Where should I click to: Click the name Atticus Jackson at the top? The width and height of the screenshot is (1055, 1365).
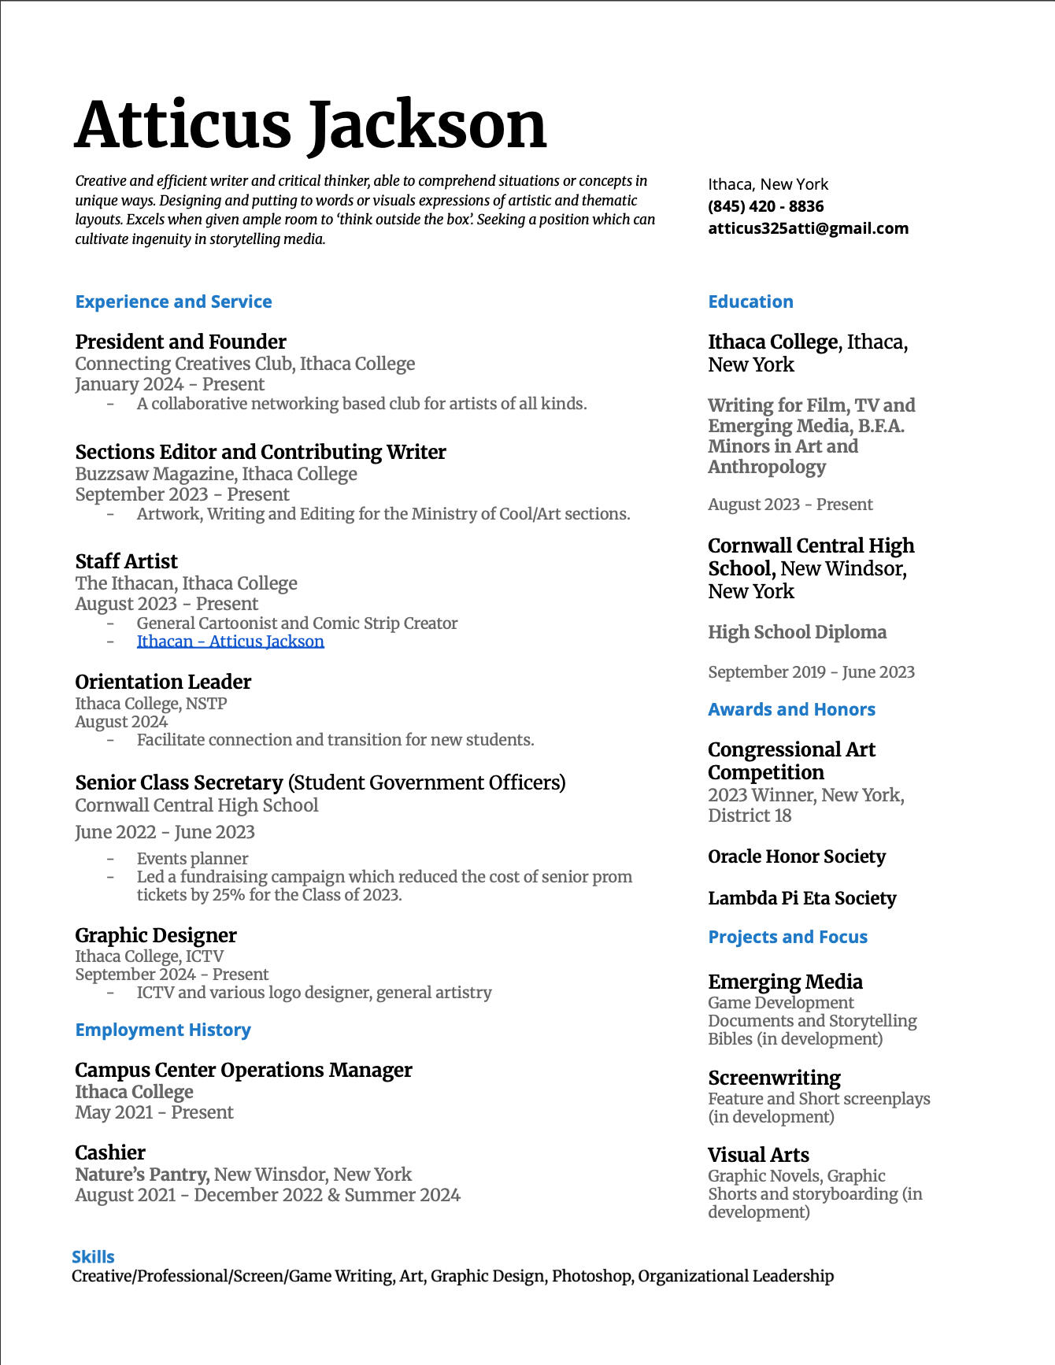pos(310,125)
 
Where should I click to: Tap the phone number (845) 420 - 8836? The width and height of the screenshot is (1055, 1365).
pos(765,206)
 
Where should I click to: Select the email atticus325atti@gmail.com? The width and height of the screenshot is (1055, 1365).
pos(808,228)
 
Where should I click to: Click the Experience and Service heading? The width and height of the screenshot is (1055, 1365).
pos(173,301)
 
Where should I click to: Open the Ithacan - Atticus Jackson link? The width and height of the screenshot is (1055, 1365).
pos(230,642)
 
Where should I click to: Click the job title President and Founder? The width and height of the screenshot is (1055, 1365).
pos(180,342)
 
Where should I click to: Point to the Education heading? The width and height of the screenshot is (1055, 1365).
pos(750,301)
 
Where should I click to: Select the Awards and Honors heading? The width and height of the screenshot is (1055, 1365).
pos(790,709)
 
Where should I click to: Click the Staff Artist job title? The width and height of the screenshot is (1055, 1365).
pos(126,561)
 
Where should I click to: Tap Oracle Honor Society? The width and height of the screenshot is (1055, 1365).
pos(796,856)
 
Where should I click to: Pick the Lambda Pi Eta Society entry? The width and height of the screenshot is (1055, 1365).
pos(801,898)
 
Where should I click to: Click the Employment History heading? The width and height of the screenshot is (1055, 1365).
pos(162,1030)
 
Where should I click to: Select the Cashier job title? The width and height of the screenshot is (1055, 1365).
pos(109,1152)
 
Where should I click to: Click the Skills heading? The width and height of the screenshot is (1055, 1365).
pos(93,1256)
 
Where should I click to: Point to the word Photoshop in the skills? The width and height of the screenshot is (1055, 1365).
pos(590,1276)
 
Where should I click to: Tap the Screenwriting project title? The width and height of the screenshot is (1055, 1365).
pos(773,1078)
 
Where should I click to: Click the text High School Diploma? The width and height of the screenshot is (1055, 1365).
pos(796,632)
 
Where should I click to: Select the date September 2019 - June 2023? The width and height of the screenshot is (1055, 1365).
pos(810,672)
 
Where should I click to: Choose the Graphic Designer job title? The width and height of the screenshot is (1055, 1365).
pos(155,935)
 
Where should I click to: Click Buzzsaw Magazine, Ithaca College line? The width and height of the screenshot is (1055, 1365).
pos(216,474)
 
